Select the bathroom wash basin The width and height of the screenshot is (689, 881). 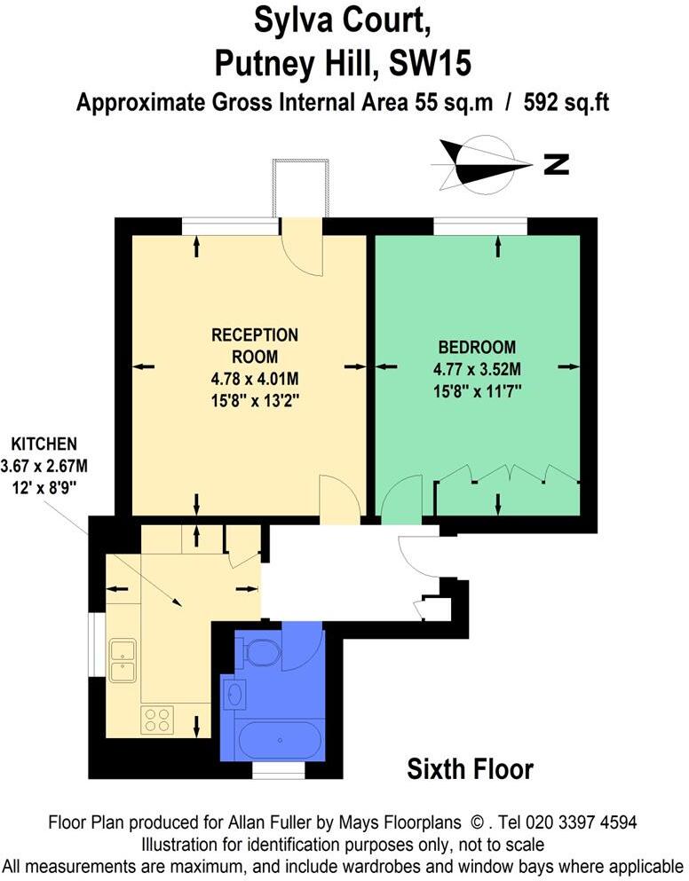tap(235, 693)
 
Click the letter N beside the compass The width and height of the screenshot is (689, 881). tap(557, 164)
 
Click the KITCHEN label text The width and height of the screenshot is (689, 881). tap(44, 443)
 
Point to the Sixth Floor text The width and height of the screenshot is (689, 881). tap(470, 768)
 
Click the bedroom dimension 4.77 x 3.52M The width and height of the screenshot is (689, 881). tap(477, 369)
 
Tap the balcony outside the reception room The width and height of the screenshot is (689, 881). tap(302, 188)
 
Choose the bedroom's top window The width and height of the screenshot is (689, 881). tap(480, 227)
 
